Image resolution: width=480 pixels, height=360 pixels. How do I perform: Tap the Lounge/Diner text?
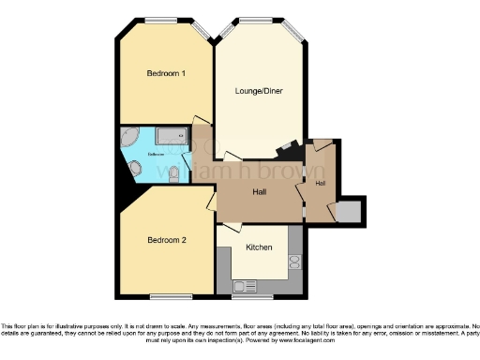pyautogui.click(x=259, y=91)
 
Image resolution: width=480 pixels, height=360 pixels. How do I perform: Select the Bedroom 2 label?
pyautogui.click(x=166, y=240)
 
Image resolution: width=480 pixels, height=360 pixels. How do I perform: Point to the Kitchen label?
pyautogui.click(x=259, y=247)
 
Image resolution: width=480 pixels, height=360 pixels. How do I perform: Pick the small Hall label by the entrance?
pyautogui.click(x=321, y=182)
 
